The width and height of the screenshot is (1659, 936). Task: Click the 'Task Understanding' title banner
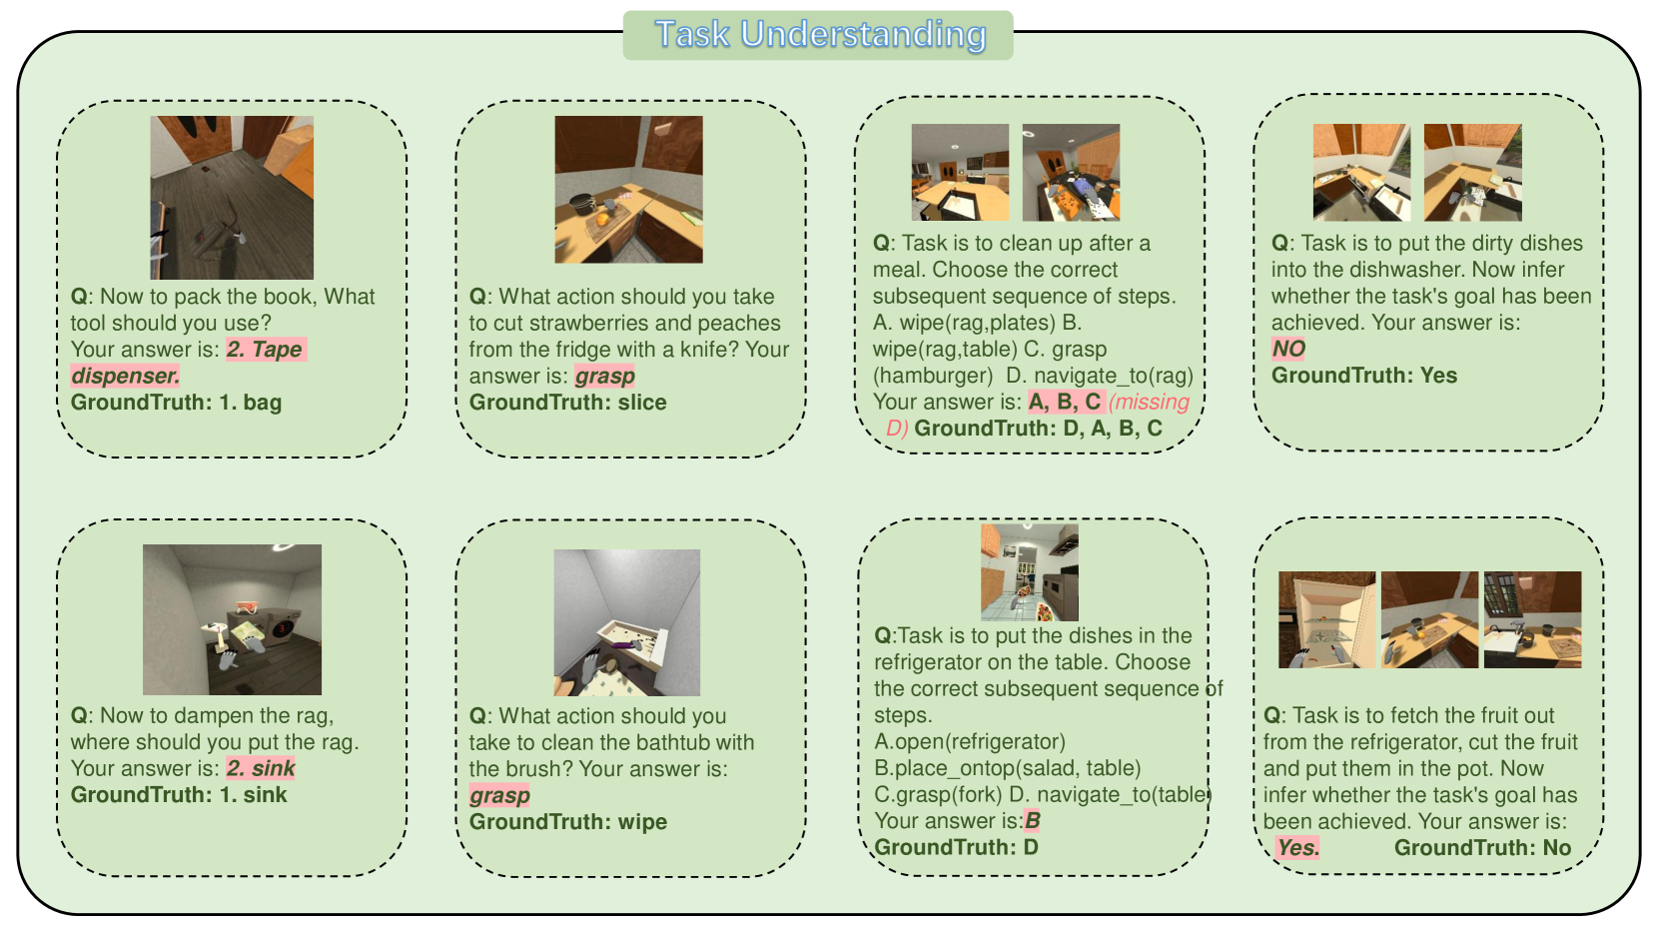point(818,35)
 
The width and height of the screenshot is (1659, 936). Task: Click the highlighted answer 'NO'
point(1288,349)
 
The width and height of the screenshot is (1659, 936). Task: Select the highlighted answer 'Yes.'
point(1297,848)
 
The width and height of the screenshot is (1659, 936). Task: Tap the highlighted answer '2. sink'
point(261,768)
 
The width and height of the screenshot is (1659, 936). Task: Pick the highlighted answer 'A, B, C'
point(1065,403)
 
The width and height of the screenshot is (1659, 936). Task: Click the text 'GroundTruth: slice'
point(568,403)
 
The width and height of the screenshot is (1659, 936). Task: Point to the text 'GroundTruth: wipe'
point(568,822)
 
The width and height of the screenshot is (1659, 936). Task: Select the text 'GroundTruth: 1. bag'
point(176,403)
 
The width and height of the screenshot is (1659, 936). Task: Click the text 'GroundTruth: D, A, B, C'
point(1039,429)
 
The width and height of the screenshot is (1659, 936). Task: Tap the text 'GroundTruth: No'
point(1483,848)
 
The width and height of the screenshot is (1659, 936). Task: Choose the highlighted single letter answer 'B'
point(1032,820)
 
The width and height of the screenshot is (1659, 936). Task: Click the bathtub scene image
point(626,622)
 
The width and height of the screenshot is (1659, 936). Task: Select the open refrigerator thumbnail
point(1326,619)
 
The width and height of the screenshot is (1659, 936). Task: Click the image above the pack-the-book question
point(232,197)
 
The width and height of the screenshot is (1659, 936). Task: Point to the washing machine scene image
point(232,619)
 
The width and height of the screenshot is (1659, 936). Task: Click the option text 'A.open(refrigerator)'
point(970,742)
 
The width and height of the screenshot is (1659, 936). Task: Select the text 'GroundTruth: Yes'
point(1364,376)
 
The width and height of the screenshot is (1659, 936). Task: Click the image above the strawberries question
point(629,190)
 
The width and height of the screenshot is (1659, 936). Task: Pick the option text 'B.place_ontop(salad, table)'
point(1007,768)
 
